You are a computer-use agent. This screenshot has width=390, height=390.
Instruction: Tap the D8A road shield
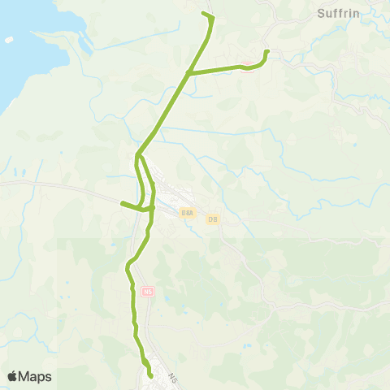tap(188, 213)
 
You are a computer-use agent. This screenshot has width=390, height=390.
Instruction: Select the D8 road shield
tap(213, 219)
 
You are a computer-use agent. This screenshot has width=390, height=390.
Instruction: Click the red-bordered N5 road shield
tap(148, 291)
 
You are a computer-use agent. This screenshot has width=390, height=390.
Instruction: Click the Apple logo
tap(13, 376)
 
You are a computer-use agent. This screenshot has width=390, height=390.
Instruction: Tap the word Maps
tap(36, 376)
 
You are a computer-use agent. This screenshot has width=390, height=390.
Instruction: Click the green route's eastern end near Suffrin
tap(267, 53)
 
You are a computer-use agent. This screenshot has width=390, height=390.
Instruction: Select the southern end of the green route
tap(151, 375)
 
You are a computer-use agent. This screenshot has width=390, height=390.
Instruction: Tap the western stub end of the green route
tap(122, 203)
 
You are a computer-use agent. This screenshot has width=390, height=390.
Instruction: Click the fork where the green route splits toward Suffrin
tap(188, 73)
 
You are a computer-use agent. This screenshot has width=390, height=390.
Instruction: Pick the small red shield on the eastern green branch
tap(245, 64)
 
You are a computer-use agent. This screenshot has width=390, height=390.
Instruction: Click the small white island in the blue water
tap(9, 39)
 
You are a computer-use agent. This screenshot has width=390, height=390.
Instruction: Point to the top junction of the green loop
tap(139, 153)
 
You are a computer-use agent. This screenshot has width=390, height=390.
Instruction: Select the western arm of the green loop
tap(143, 183)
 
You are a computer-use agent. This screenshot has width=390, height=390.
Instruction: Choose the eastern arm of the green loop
tap(153, 183)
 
